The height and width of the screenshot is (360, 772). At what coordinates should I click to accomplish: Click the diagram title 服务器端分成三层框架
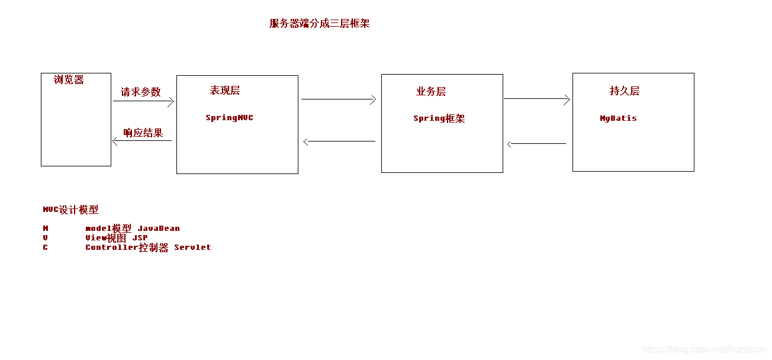[x=319, y=24]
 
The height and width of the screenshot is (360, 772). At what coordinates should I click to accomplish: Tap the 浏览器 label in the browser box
[x=69, y=80]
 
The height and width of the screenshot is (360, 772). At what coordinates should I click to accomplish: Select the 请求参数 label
[x=141, y=92]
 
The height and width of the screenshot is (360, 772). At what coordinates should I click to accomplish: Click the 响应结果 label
[x=143, y=133]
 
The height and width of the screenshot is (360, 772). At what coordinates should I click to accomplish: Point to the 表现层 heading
[x=224, y=91]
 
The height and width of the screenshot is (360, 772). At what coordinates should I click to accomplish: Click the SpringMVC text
[x=229, y=118]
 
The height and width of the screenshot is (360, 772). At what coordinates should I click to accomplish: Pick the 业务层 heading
[x=431, y=92]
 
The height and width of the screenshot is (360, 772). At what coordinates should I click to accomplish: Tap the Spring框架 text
[x=439, y=118]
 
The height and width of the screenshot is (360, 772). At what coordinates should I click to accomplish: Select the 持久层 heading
[x=625, y=91]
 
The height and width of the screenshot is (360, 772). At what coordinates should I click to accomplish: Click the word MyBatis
[x=618, y=118]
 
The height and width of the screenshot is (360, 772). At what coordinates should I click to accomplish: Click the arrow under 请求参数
[x=143, y=101]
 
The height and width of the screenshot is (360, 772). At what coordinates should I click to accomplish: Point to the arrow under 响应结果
[x=142, y=141]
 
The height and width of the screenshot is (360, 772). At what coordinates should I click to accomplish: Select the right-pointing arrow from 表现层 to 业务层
[x=339, y=99]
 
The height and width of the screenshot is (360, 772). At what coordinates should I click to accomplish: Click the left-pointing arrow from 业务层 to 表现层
[x=339, y=142]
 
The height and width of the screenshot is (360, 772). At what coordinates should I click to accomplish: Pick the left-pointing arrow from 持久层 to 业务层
[x=537, y=144]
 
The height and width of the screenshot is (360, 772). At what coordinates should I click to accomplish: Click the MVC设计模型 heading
[x=70, y=210]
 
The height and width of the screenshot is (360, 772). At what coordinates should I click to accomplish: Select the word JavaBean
[x=159, y=229]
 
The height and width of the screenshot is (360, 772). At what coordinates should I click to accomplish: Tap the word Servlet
[x=192, y=247]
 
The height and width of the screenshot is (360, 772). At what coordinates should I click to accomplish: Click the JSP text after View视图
[x=140, y=238]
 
